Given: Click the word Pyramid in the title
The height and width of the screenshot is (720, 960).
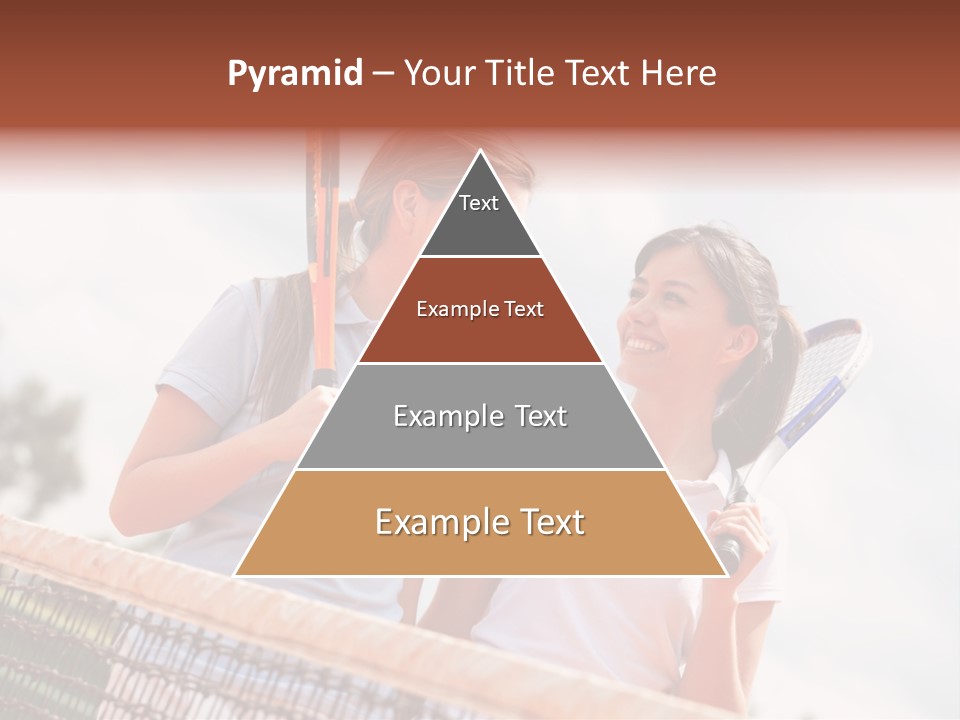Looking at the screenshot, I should (294, 73).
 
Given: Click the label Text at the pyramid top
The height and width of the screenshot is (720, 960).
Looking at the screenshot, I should (479, 203).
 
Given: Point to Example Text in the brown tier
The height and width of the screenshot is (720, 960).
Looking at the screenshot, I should (480, 309).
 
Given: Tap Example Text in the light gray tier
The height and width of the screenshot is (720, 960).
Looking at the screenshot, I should (480, 416).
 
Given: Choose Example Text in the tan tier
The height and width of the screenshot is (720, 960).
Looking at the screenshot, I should (480, 522).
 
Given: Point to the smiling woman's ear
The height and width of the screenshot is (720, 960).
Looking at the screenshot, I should (740, 339).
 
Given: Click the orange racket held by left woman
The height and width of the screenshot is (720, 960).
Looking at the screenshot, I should (322, 260).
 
